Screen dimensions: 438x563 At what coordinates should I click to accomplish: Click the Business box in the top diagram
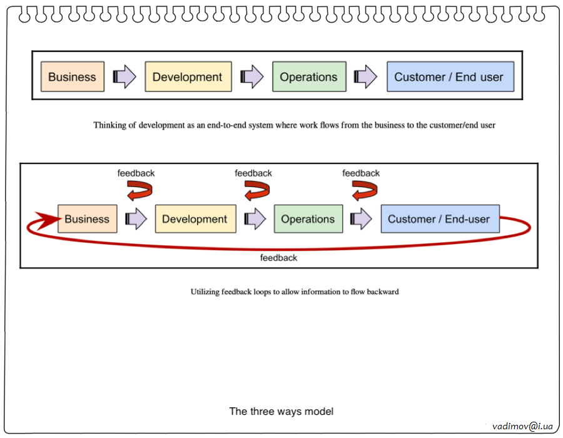(72, 77)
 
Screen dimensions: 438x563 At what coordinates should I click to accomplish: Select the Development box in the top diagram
(188, 77)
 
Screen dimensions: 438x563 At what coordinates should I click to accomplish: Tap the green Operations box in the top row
(308, 77)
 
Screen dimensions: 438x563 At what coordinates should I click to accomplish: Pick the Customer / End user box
(450, 77)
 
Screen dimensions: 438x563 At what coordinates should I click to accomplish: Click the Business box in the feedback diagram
(87, 219)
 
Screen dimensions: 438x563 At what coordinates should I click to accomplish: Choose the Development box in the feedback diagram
(195, 219)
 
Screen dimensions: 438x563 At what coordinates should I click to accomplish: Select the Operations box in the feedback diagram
(308, 219)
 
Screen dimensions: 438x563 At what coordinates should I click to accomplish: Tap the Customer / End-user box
(439, 219)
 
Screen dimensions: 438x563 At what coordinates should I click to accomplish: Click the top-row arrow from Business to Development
(124, 77)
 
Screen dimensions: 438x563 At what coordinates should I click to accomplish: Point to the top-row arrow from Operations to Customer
(365, 77)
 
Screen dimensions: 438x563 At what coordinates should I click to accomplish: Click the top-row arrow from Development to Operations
(252, 77)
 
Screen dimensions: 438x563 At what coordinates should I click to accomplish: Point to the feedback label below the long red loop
(278, 258)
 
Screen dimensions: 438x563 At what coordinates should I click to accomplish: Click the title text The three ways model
(281, 411)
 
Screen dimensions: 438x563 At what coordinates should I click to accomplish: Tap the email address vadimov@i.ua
(522, 425)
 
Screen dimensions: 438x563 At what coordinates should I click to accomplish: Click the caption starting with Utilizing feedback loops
(294, 292)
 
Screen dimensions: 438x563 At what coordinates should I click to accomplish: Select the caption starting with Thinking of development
(294, 125)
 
